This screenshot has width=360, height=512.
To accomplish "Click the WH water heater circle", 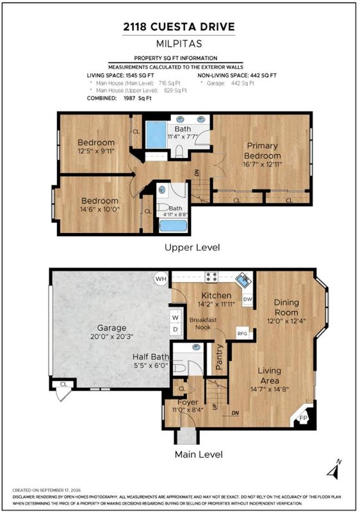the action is [161, 279].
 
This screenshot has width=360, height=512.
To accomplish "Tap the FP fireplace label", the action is [303, 418].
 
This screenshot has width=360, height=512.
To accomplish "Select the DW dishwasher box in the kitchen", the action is [248, 300].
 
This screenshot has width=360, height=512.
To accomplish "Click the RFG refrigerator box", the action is [243, 333].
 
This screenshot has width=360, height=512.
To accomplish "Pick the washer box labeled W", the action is [176, 317].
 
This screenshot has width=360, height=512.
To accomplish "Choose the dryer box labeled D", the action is [176, 330].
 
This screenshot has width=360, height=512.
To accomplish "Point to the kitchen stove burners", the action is [211, 277].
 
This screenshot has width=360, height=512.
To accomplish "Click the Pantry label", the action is [219, 356].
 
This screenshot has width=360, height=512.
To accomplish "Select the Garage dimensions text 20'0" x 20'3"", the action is [111, 337].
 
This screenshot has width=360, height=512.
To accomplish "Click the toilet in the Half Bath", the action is [179, 368].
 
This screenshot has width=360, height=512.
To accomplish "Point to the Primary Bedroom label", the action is [263, 150].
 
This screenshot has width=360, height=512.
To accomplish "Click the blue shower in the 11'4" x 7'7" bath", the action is [156, 134].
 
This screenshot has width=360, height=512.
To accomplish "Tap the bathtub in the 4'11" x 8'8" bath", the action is [173, 226].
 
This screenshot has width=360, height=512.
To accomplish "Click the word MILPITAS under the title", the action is [179, 44].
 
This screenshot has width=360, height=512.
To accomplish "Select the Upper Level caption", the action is [192, 248].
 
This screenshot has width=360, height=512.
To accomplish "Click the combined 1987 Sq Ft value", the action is [138, 99].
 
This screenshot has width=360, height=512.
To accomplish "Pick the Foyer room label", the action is [188, 402].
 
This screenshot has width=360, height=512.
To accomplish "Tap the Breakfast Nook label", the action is [203, 323].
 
